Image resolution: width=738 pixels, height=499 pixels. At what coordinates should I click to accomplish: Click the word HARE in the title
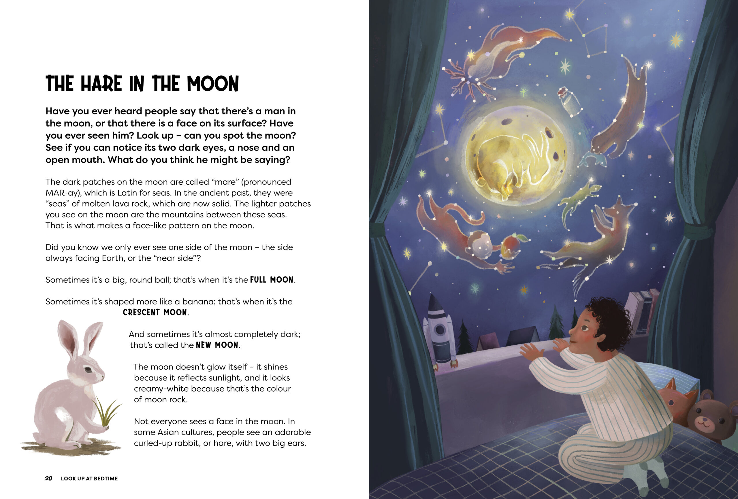[x=101, y=84]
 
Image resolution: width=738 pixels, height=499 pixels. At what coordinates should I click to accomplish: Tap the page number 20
[x=49, y=478]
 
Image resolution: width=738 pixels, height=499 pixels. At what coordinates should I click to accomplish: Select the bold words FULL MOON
[x=272, y=280]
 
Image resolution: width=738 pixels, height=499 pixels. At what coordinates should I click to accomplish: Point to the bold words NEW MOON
[x=217, y=345]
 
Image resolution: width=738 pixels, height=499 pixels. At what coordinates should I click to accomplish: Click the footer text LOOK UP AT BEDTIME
[x=89, y=478]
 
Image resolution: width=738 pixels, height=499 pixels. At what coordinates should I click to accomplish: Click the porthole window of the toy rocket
[x=440, y=330]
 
